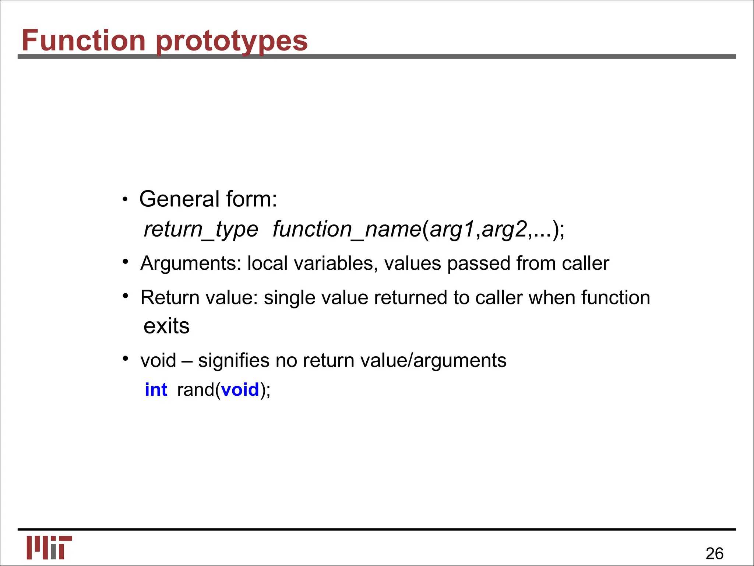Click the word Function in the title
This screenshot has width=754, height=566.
tap(84, 40)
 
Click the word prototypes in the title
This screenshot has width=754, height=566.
tap(232, 42)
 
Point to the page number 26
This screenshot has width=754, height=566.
tap(714, 553)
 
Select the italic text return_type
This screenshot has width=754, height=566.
tap(201, 230)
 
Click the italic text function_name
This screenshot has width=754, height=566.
tap(347, 230)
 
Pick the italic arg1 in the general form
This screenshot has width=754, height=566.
tap(452, 230)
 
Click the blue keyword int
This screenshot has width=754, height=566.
tap(156, 390)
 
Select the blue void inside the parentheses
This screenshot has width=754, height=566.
tap(240, 390)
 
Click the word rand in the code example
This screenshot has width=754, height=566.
tap(195, 390)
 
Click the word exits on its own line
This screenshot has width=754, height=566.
tap(166, 326)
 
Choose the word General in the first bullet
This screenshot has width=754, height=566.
tap(179, 199)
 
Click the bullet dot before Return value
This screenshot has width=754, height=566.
tap(126, 296)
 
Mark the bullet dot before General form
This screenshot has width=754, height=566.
tap(125, 200)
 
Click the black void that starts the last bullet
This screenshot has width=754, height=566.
tap(158, 361)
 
